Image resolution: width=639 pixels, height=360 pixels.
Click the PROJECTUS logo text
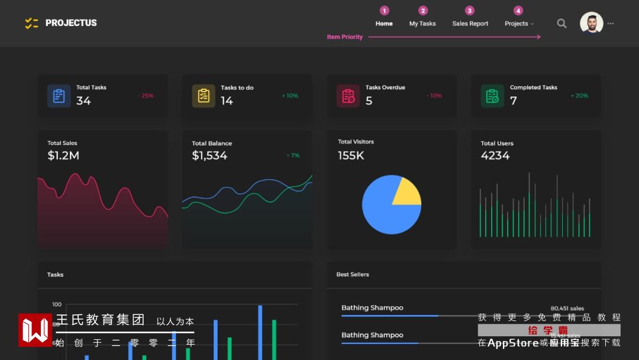point(70,23)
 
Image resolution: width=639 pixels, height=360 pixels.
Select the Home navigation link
point(384,24)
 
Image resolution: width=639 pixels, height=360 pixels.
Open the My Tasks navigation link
point(422,24)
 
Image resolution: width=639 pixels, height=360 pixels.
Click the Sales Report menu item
point(470,24)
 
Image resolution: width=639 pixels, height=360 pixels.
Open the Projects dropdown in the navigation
point(519,24)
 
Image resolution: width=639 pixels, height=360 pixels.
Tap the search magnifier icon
point(561,23)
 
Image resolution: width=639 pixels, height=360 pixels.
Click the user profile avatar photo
point(591,23)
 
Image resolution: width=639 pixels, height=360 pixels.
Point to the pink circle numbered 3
point(470,11)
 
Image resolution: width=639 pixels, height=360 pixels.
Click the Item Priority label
point(345,37)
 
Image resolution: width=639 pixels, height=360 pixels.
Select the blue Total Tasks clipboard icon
point(59,96)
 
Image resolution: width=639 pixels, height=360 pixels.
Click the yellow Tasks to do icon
point(204,96)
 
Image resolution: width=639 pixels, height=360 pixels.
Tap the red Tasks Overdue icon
point(348,96)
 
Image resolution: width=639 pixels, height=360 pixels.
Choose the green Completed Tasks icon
point(492,96)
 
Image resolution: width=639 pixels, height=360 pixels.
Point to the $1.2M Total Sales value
point(63,156)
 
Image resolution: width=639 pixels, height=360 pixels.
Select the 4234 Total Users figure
point(495,156)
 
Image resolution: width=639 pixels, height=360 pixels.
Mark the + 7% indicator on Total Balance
point(293,156)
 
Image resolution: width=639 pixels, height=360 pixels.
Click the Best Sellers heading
point(353,275)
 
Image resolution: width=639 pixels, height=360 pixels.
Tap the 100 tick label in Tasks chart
point(57,304)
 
